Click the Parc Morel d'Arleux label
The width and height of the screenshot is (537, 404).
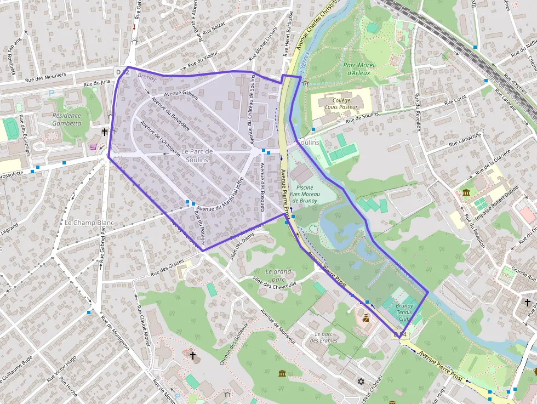[x=357, y=69]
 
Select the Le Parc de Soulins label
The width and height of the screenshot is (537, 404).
[x=197, y=155]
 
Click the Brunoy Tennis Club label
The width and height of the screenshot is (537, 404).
[x=404, y=312]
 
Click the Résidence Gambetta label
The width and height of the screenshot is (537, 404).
[x=66, y=120]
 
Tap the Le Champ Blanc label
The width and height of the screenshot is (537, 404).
[x=89, y=223]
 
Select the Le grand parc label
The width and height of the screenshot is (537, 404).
[x=278, y=272]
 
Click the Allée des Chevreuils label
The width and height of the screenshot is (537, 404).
[x=274, y=282]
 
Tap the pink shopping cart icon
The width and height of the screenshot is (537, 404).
[x=93, y=147]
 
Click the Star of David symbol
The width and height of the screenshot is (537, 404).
[x=361, y=381]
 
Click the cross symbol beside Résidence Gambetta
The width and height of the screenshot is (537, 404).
[x=105, y=132]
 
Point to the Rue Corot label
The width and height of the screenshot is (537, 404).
[x=455, y=100]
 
